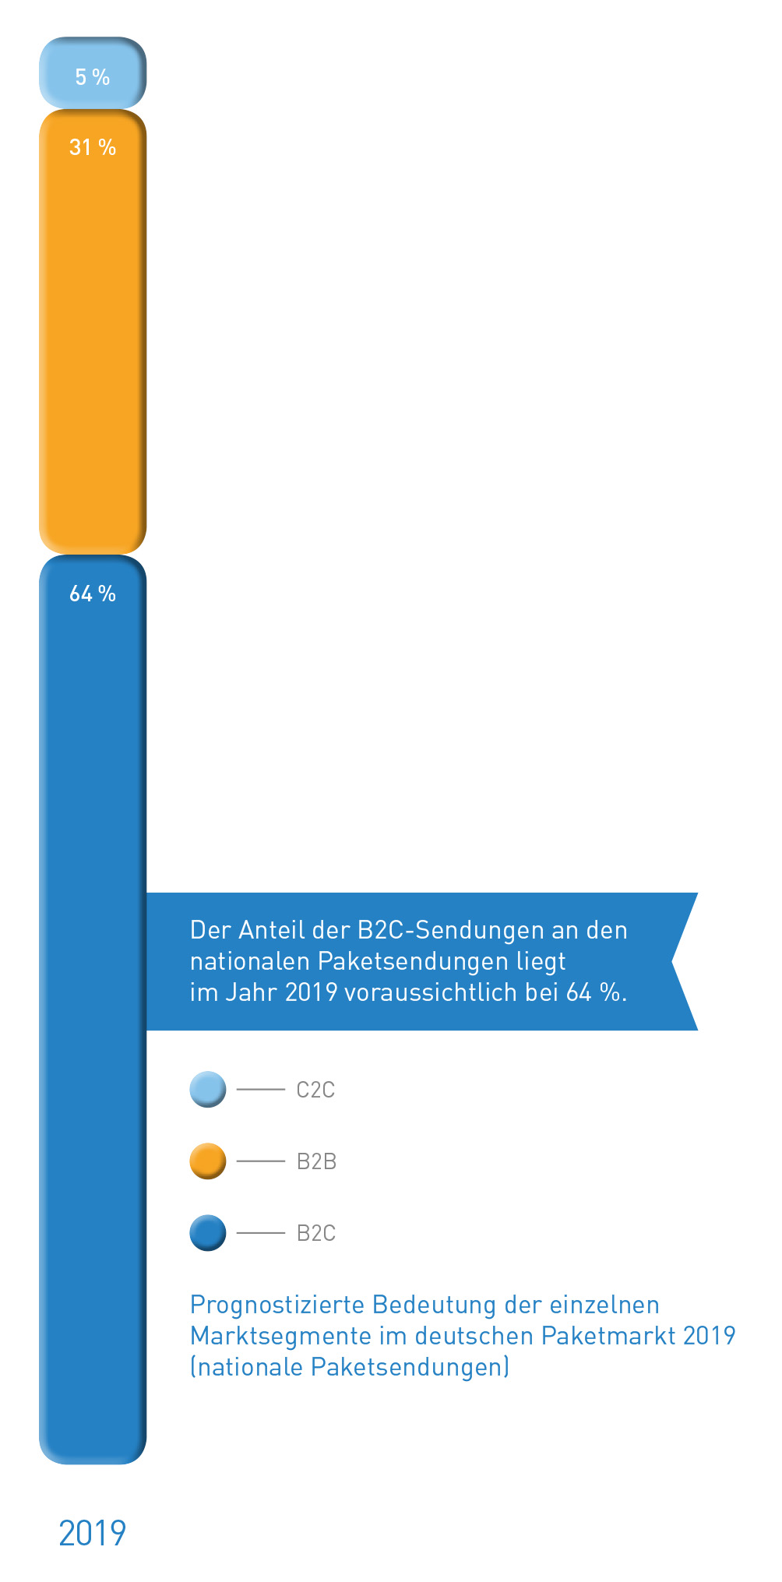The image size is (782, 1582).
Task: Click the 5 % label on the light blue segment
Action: click(x=92, y=77)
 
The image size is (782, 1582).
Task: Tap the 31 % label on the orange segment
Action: click(x=92, y=147)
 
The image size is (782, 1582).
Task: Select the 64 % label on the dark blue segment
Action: click(x=92, y=594)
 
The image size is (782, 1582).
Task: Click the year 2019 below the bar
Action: click(x=92, y=1533)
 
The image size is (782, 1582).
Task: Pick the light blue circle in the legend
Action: click(x=208, y=1089)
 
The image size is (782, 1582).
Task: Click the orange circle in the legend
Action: click(x=208, y=1161)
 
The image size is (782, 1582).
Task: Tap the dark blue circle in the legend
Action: click(x=208, y=1232)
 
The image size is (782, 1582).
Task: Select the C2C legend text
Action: click(x=315, y=1090)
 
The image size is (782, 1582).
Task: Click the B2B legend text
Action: click(x=316, y=1161)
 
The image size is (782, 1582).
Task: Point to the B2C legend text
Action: click(x=316, y=1233)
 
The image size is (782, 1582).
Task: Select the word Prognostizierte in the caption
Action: click(x=277, y=1305)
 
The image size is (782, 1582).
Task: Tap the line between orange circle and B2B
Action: click(x=260, y=1161)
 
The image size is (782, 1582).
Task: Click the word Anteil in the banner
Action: click(x=272, y=930)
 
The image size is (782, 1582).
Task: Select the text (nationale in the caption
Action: click(x=246, y=1367)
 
